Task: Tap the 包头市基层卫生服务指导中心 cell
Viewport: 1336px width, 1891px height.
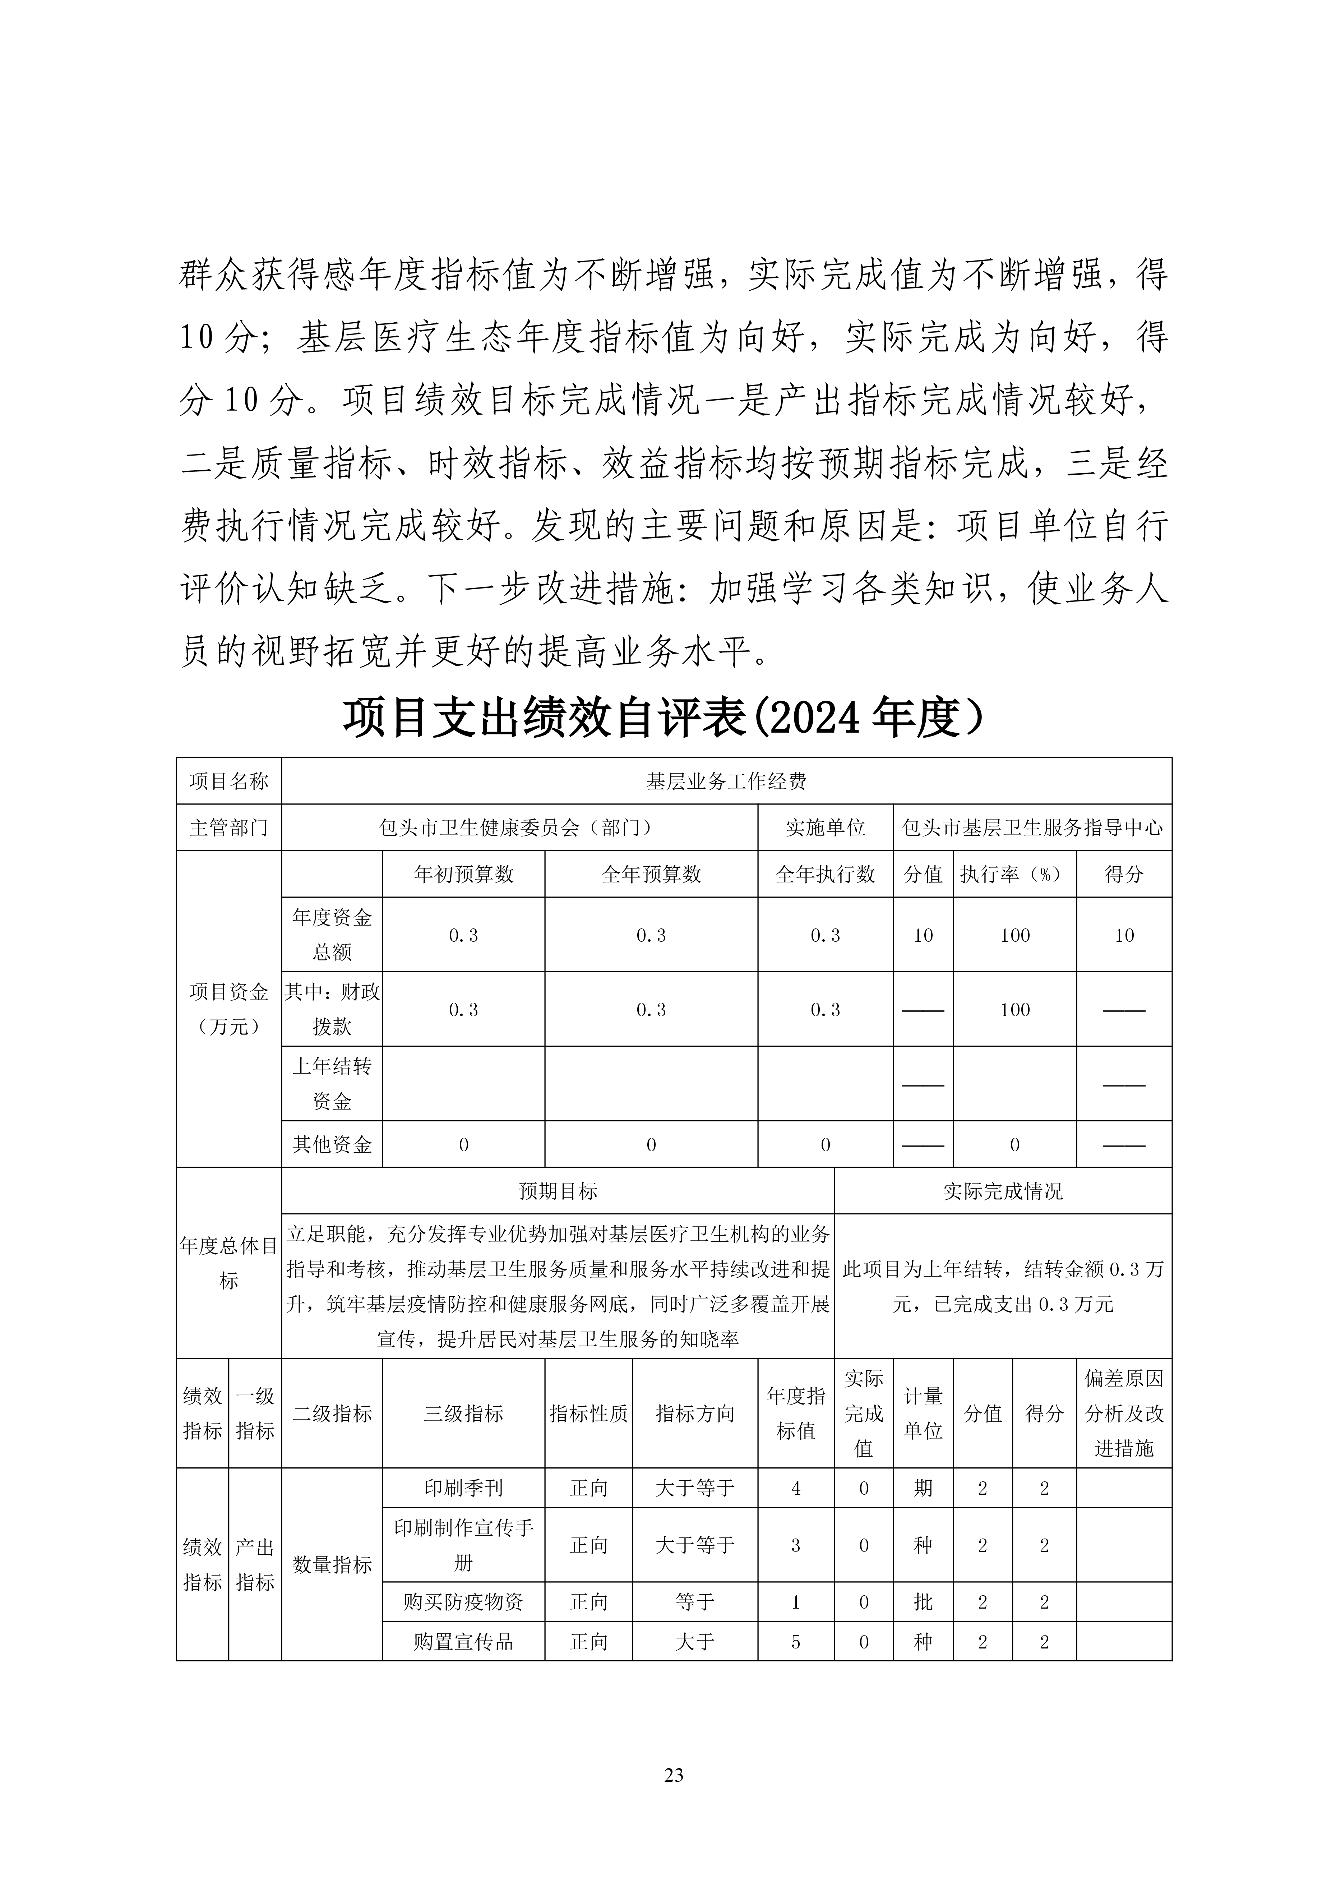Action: point(1032,828)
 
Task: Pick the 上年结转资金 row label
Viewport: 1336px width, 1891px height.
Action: point(332,1084)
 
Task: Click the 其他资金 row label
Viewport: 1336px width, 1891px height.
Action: point(332,1144)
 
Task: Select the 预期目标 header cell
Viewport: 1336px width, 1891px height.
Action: point(558,1191)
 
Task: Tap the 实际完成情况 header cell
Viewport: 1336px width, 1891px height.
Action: point(1002,1191)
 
